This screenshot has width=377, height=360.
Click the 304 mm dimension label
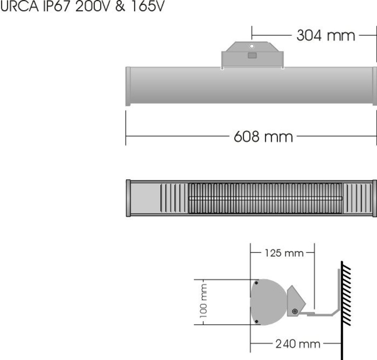[326, 36]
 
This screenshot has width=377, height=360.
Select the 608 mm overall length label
[263, 137]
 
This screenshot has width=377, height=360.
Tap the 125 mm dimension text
[284, 253]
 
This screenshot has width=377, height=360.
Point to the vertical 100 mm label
[204, 302]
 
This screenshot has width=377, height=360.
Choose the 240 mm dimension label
[298, 344]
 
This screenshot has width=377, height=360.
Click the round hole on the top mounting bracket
[252, 46]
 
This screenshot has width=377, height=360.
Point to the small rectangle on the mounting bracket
[252, 55]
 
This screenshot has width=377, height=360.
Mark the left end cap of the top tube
[128, 86]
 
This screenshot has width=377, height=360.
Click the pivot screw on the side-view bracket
[295, 311]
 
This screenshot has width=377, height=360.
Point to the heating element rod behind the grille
[265, 198]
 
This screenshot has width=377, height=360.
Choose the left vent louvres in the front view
[174, 198]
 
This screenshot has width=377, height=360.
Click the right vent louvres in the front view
[357, 198]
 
